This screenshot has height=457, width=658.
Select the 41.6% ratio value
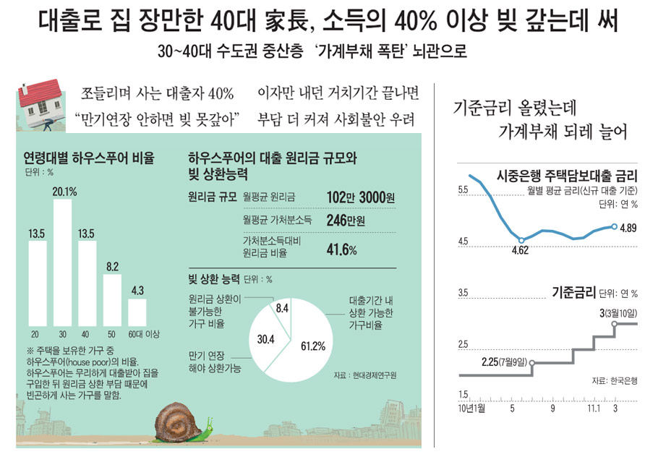pos(343,249)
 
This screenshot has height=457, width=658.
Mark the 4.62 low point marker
pos(521,240)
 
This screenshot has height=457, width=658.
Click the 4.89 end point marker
pos(614,226)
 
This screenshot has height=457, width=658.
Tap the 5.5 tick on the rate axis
pos(463,190)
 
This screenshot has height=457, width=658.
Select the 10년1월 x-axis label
pos(473,409)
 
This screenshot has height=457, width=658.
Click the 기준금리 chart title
pos(573,292)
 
